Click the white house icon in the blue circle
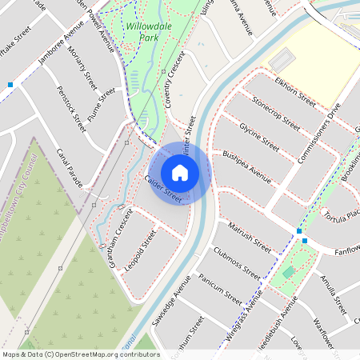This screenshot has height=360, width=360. point(180,173)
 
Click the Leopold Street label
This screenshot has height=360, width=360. point(141,251)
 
